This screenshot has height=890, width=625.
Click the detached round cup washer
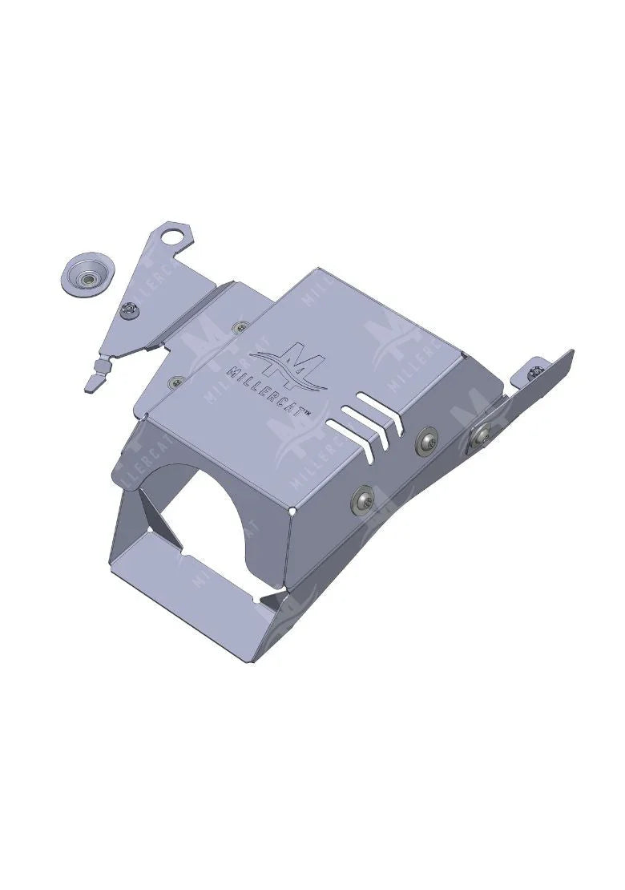pyautogui.click(x=86, y=274)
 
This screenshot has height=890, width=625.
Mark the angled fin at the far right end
pyautogui.click(x=553, y=381)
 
